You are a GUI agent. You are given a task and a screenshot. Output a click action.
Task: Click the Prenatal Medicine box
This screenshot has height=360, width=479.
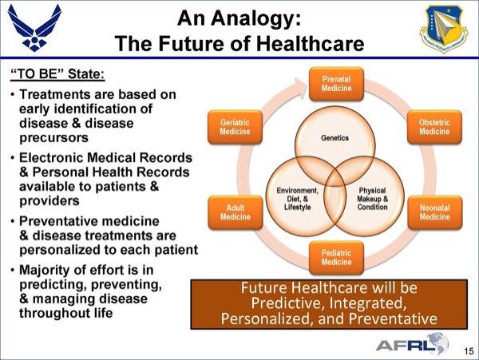pos(336,84)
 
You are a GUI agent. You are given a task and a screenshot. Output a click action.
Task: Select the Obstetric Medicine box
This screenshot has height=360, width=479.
pos(434,127)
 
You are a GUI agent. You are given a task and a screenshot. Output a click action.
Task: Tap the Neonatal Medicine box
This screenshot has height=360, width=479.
pos(435,212)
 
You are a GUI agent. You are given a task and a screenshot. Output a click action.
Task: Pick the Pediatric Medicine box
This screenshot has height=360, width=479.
pos(336,257)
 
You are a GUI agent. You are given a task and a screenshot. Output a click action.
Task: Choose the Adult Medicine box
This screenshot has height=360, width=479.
pos(236,212)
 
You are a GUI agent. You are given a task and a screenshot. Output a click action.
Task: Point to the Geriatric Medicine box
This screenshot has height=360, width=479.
pos(235,127)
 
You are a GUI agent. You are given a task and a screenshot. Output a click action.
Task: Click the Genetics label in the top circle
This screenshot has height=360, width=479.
pos(335,138)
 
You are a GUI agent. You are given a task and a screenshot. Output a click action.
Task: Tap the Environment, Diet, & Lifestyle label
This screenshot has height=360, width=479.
pos(297,199)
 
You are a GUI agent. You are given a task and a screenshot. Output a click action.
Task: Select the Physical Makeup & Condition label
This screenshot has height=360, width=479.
pos(372,199)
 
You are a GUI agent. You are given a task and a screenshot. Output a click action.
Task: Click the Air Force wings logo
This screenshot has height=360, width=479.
pos(34,27)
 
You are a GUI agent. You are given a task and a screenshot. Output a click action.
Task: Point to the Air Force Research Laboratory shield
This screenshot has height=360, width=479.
pos(445,28)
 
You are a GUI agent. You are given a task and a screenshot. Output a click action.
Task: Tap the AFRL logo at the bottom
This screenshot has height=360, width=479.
pos(413,344)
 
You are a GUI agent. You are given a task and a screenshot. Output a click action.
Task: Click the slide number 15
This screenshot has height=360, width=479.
pos(469,351)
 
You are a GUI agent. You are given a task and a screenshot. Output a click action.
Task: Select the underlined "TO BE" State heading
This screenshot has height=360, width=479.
pos(57,74)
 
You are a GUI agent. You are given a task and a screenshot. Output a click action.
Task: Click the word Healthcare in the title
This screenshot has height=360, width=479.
pos(310,43)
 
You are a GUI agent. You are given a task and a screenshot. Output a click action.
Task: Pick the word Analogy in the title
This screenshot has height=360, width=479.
pos(255,19)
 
